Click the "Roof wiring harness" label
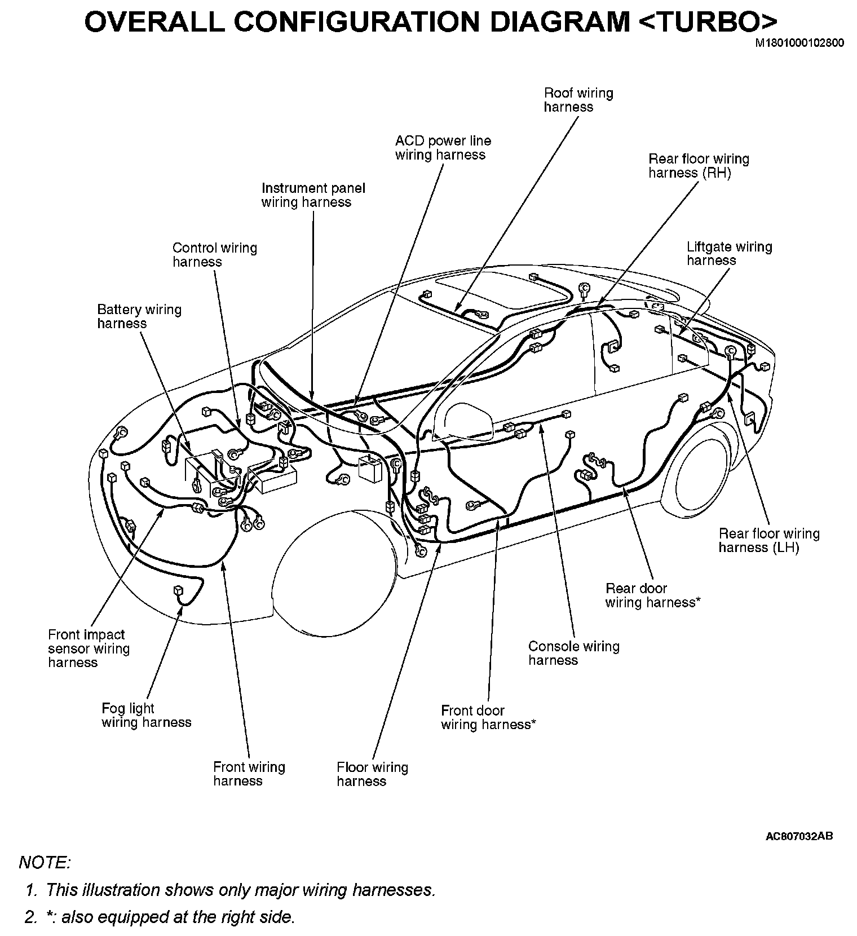tap(578, 100)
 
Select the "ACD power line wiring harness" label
tap(443, 148)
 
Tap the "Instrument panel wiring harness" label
tap(313, 195)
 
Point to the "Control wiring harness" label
tap(214, 255)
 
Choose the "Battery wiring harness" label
tap(139, 316)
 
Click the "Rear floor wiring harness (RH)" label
tap(698, 166)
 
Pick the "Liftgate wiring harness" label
tap(728, 253)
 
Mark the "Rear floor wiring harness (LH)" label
tap(768, 540)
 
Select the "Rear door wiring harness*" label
tap(652, 595)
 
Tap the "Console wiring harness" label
tap(573, 653)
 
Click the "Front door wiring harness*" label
tap(488, 717)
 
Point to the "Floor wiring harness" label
tap(372, 774)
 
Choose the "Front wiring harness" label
tap(249, 774)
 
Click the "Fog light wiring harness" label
tap(146, 715)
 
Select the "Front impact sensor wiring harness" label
tap(89, 648)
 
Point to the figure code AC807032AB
tap(798, 836)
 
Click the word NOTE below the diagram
tap(45, 862)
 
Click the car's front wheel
tap(333, 569)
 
